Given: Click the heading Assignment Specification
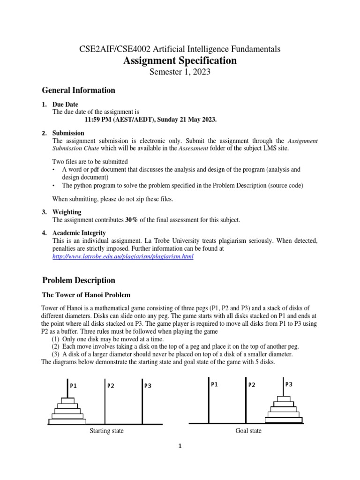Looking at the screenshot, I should (x=180, y=60).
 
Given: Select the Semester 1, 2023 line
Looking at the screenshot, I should (x=180, y=72).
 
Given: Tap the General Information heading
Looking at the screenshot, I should (x=78, y=90).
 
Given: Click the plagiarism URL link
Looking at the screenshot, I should (x=122, y=257).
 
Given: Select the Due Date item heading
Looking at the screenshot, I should (x=65, y=104).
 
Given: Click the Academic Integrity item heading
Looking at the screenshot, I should (x=79, y=232).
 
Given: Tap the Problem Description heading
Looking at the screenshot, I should (x=78, y=280).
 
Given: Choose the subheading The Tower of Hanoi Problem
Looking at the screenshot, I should (x=86, y=295).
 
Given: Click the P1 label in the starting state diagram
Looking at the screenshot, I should (x=73, y=386).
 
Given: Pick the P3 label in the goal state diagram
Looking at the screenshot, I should (x=289, y=384).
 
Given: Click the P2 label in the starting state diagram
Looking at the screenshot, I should (x=111, y=386).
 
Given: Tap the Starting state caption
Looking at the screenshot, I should (x=106, y=431).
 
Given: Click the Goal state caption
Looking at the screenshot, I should (x=248, y=431).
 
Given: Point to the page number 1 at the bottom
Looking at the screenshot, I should (x=179, y=447).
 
